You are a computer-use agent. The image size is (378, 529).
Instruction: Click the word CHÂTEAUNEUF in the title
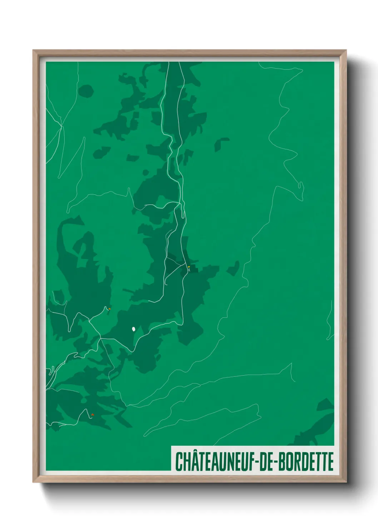pos(213,461)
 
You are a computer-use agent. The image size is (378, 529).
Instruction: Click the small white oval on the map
pos(133,329)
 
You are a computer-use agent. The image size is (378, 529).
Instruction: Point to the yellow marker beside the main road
pos(189,267)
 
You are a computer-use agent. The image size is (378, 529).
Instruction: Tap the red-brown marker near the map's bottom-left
pos(92,415)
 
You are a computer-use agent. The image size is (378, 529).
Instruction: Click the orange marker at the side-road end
pos(109,309)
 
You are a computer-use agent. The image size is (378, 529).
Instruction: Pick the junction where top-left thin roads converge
pos(61,125)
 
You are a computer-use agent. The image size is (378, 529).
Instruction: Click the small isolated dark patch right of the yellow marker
pos(233,268)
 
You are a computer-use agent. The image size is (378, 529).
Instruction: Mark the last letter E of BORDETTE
pos(330,461)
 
